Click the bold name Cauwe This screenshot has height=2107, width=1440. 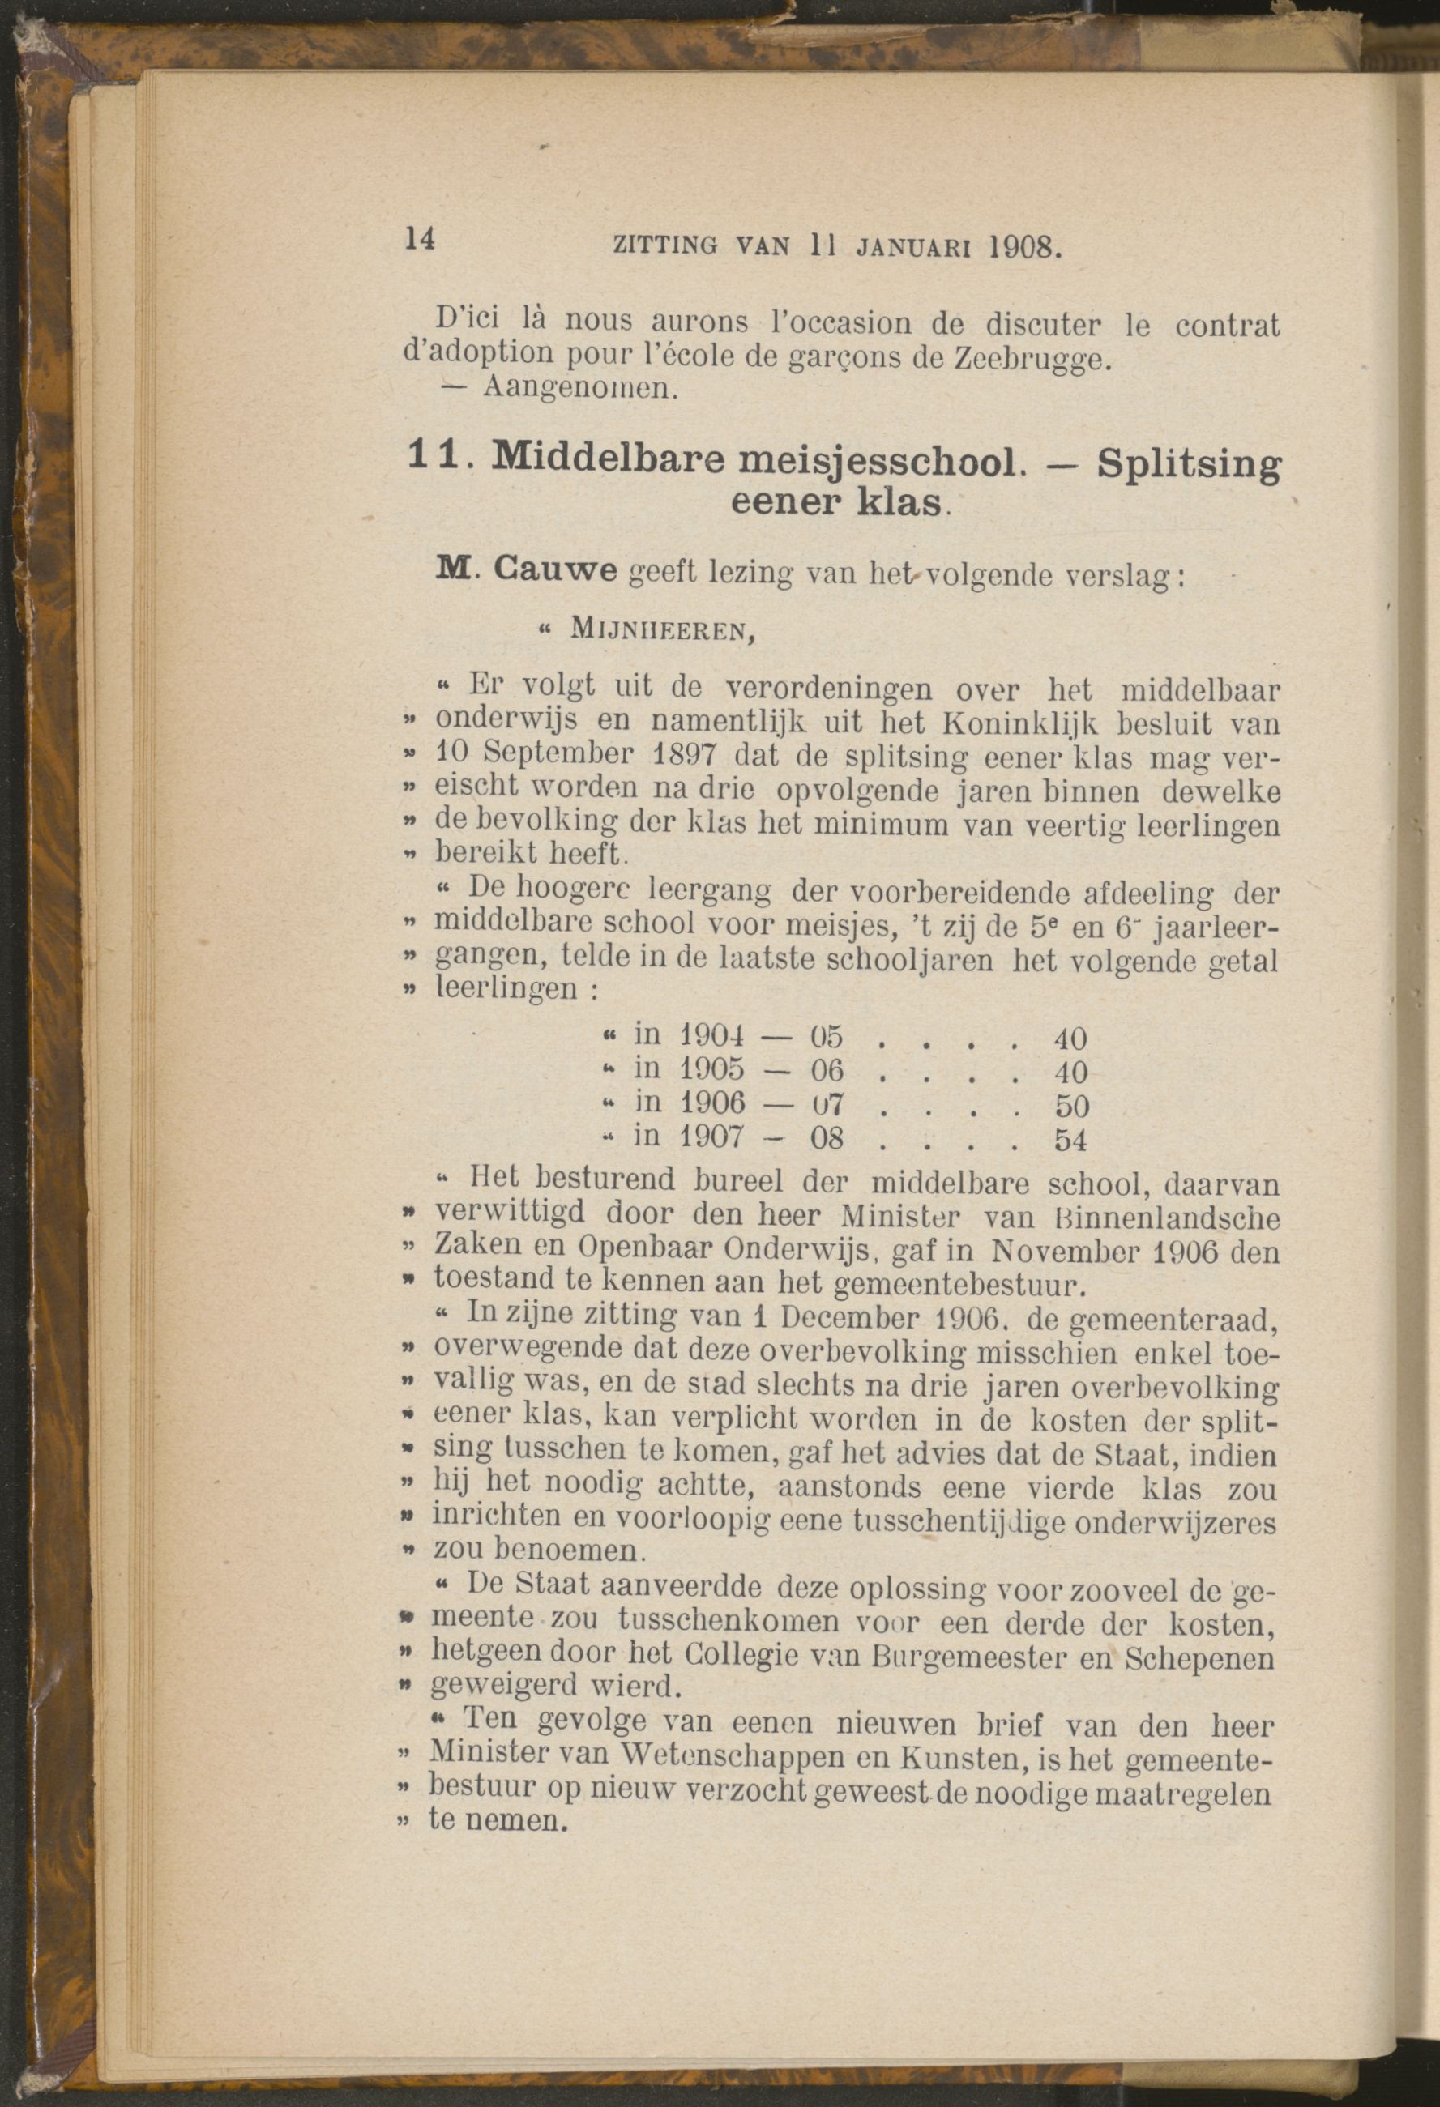coord(556,572)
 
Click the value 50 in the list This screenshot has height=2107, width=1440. coord(1071,1106)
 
